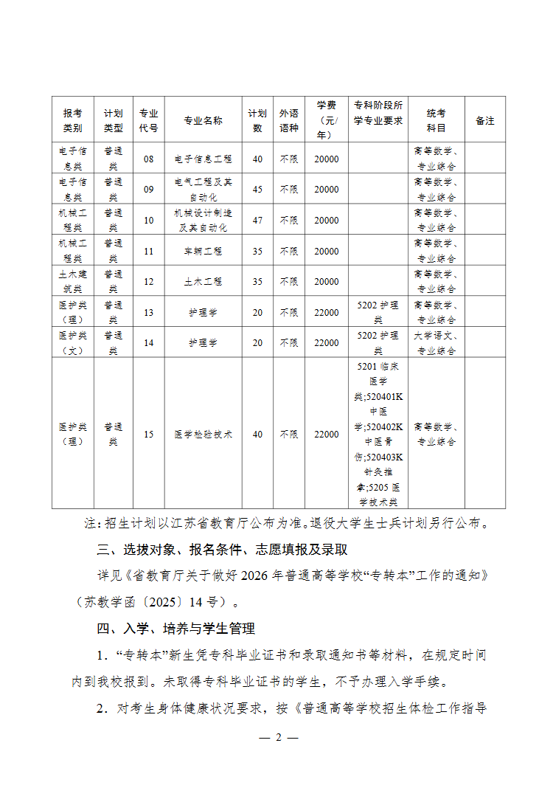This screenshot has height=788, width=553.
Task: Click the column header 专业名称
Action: [x=203, y=120]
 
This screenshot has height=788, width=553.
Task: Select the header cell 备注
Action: [x=485, y=120]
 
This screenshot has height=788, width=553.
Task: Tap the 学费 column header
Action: [x=327, y=120]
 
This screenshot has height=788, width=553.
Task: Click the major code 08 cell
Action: [x=149, y=159]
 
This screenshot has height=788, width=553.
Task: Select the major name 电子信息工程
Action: [x=203, y=159]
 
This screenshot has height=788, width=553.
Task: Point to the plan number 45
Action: [x=257, y=190]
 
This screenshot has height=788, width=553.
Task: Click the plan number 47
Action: [x=257, y=221]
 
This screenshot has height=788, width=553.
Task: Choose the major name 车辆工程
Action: [x=203, y=251]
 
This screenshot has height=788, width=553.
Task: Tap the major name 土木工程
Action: [x=203, y=282]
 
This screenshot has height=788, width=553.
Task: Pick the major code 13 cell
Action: [x=149, y=313]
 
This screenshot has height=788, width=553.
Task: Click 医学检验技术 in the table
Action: [x=203, y=435]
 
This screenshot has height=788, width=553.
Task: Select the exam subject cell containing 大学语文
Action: [x=437, y=343]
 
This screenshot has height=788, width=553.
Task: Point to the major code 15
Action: [x=149, y=435]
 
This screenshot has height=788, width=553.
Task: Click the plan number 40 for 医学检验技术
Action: [x=257, y=435]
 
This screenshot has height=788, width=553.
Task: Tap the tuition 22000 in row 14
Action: [x=327, y=343]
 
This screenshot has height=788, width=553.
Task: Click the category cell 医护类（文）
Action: [x=73, y=343]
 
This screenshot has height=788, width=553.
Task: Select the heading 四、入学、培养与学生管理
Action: [x=176, y=629]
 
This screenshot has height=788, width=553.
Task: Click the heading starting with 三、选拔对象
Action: [x=222, y=550]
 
